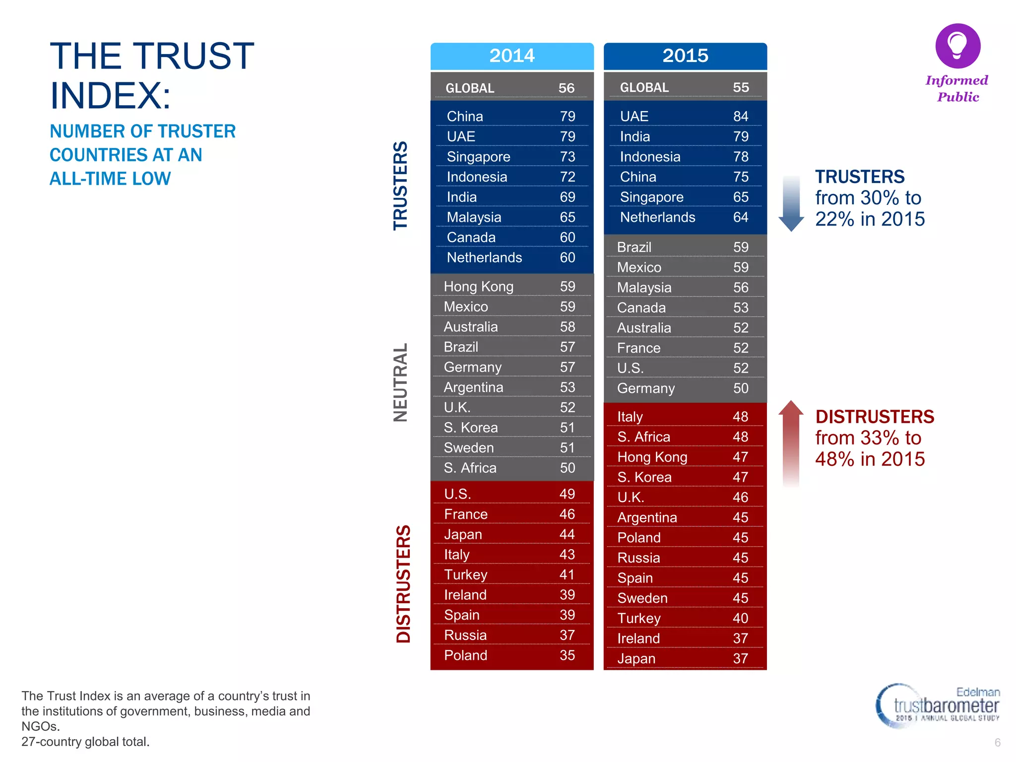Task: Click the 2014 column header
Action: point(512,56)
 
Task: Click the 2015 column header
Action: point(685,56)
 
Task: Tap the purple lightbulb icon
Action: point(957,46)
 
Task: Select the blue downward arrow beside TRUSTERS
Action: point(791,203)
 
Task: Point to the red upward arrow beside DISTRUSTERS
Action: point(791,442)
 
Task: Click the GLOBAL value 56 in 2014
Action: point(567,88)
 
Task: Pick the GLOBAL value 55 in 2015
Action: point(741,88)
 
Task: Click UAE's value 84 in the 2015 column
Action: point(741,116)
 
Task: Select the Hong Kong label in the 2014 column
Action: point(478,287)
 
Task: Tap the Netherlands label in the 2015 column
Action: point(657,217)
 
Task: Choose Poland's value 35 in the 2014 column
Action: point(567,655)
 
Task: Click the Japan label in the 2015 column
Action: point(636,659)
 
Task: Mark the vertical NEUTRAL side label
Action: point(400,382)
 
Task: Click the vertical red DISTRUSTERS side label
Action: point(403,584)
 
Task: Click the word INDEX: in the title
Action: point(111,95)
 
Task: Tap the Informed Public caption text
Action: point(957,88)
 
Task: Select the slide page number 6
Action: point(997,743)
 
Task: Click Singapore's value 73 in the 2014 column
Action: point(568,157)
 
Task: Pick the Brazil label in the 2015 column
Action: point(634,247)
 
